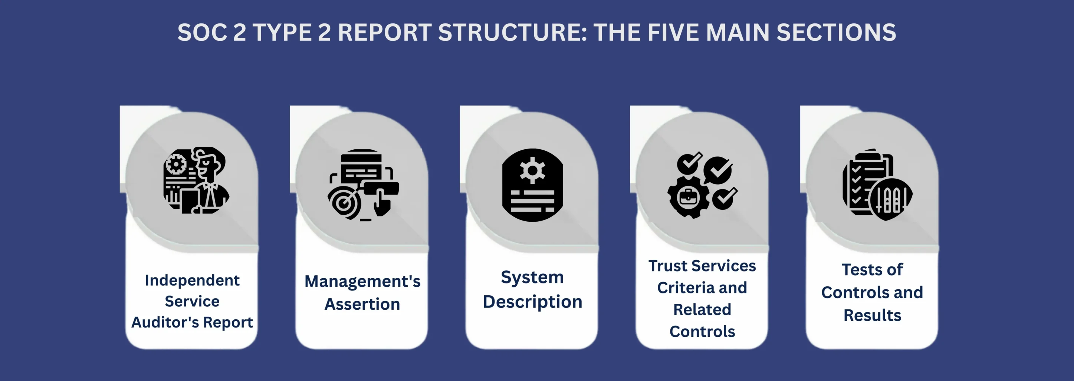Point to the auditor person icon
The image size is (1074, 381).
(x=196, y=180)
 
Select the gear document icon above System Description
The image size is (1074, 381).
(x=532, y=185)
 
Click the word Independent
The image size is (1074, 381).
(x=192, y=280)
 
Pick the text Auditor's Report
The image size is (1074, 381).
(x=192, y=323)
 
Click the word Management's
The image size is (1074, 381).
(x=362, y=282)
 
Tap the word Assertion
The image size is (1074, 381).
(x=362, y=304)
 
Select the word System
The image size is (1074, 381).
(x=532, y=277)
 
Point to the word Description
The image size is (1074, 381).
(x=532, y=302)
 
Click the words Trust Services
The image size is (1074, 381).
(x=702, y=266)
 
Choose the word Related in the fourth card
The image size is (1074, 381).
(x=702, y=310)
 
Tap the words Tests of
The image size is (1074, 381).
(x=872, y=270)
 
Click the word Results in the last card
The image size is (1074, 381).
(x=872, y=316)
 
